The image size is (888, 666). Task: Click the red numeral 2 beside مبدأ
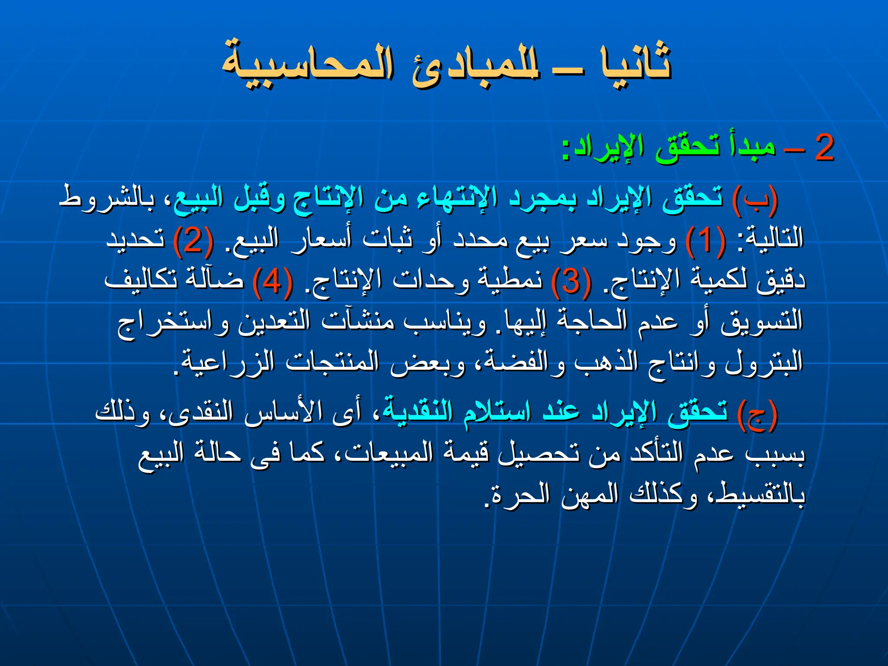tap(824, 148)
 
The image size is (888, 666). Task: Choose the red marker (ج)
tap(757, 414)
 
